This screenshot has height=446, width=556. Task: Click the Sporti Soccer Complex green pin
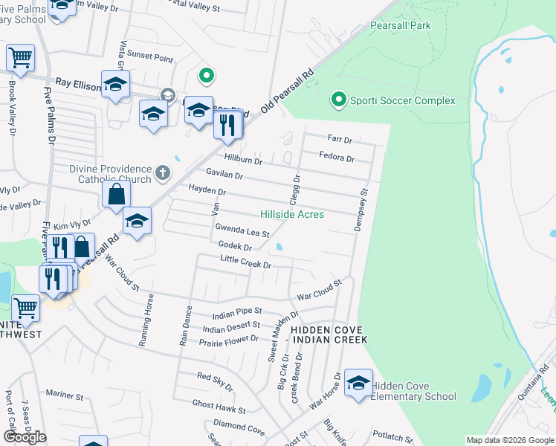[x=338, y=99]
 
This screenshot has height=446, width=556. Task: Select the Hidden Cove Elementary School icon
[x=358, y=383]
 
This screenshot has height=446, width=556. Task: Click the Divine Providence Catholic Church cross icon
[x=163, y=174]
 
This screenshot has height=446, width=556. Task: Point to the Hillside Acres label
[x=291, y=214]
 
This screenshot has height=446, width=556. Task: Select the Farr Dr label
[x=340, y=139]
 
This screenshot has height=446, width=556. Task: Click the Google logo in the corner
[x=25, y=437]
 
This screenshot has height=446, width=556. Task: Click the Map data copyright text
[x=509, y=440]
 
